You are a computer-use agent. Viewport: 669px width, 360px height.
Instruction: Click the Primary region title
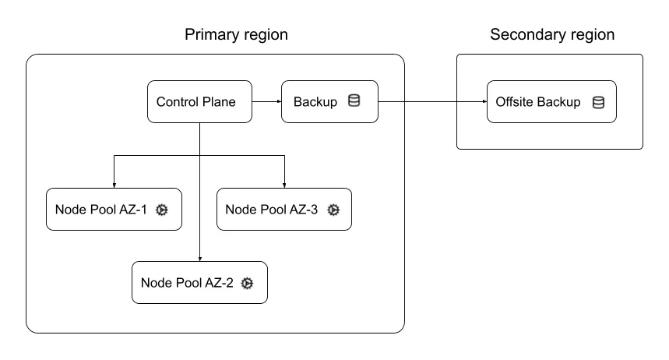tap(236, 35)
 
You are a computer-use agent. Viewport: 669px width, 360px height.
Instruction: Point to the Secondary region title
tap(551, 35)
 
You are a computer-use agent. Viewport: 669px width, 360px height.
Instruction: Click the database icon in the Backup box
tap(354, 101)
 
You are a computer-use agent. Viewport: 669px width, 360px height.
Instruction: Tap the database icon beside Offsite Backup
tap(598, 102)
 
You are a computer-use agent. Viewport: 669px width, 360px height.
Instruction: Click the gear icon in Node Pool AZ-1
tap(162, 210)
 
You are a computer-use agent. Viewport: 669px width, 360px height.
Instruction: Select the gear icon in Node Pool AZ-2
tap(248, 283)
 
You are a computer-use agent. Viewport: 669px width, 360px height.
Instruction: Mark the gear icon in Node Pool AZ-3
tap(333, 210)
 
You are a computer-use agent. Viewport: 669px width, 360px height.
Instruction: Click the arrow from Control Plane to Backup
tap(266, 101)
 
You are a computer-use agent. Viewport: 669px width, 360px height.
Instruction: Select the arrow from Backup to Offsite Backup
tap(432, 101)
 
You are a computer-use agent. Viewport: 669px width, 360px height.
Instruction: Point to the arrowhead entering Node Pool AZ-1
tap(114, 184)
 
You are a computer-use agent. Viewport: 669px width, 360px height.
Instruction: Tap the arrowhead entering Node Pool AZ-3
tap(283, 184)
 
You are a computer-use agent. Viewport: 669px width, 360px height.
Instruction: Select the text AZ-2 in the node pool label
tap(219, 283)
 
